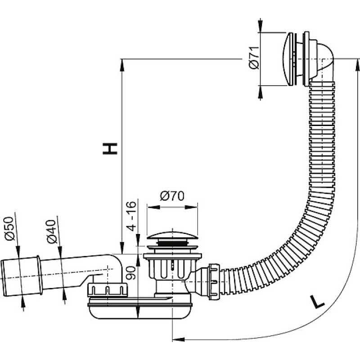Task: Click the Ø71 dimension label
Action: click(254, 58)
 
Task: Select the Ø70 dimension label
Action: click(172, 196)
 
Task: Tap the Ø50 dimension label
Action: click(9, 229)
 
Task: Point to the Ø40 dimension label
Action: click(51, 231)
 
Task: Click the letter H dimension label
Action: click(110, 148)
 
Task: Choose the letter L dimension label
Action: click(317, 301)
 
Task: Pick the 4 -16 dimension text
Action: click(131, 216)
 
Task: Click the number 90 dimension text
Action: click(131, 273)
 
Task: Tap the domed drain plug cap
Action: click(172, 234)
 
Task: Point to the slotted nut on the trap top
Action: click(107, 290)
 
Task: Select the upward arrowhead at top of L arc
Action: click(357, 65)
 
